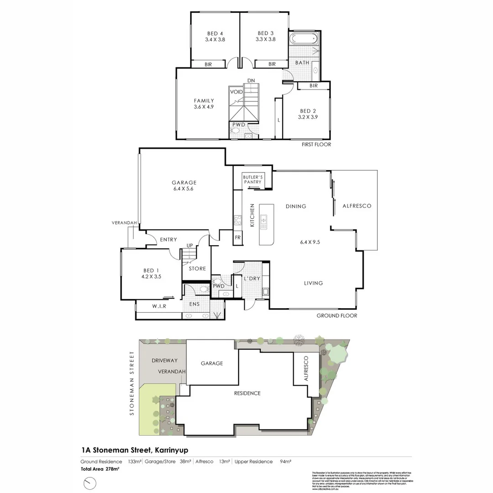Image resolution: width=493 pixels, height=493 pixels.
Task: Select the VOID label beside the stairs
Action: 236,92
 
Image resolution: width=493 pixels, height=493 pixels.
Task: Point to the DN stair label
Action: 251,80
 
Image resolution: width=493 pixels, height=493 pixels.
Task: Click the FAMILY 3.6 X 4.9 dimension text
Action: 204,107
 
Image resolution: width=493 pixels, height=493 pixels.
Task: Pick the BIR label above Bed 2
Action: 313,86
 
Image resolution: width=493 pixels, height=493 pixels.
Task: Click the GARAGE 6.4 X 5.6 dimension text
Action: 184,189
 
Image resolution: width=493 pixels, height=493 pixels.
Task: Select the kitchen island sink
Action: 264,222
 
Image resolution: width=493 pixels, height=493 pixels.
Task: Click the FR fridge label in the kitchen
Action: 238,238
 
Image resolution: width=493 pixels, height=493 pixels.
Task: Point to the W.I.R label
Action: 159,306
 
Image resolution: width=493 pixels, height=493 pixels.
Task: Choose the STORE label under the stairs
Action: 197,268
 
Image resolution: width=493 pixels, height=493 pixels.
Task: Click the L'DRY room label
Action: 252,278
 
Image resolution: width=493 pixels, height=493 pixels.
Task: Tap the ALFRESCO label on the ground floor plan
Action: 357,206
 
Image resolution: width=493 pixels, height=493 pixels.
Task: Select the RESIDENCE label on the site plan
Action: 247,393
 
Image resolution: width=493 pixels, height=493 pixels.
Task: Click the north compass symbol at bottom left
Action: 90,483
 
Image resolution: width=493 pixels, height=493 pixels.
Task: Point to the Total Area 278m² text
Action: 100,469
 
